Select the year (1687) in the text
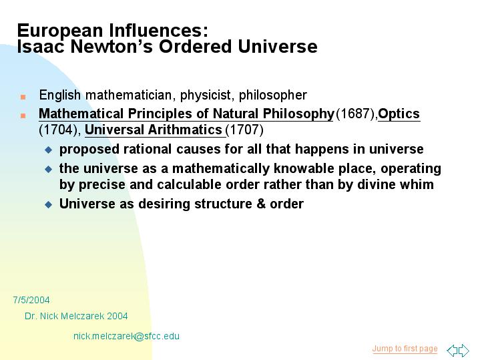356,114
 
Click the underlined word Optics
399,114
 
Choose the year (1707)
244,130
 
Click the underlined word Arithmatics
185,130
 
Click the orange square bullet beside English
23,97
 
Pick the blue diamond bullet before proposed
48,150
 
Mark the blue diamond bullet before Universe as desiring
48,204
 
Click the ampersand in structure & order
261,204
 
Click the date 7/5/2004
31,300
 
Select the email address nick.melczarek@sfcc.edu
126,336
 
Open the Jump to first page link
405,349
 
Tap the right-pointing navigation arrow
464,350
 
